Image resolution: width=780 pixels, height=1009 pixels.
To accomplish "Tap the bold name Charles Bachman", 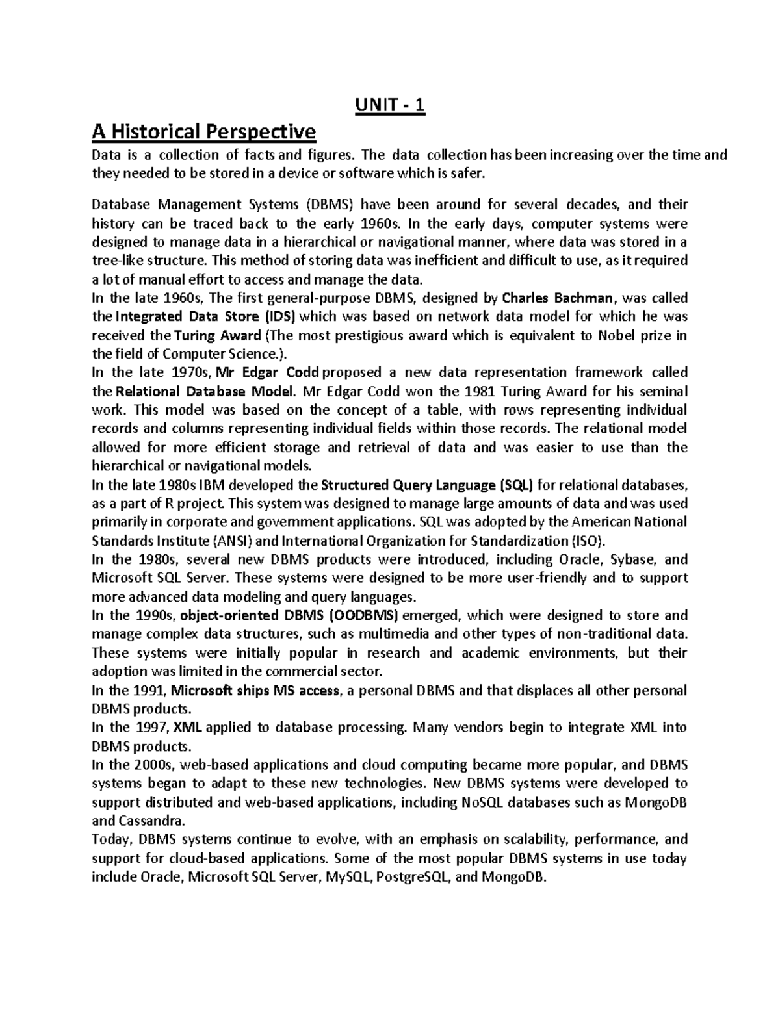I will (x=558, y=298).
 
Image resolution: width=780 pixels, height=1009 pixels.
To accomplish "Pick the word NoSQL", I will (x=482, y=802).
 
